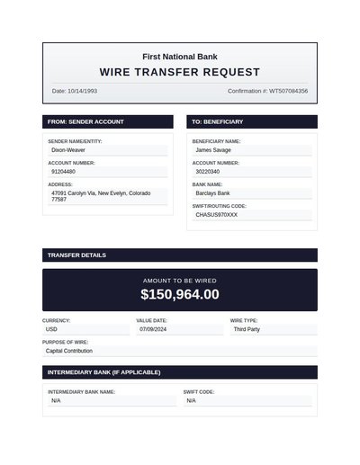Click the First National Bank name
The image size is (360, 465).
click(179, 56)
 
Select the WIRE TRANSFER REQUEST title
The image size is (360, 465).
click(179, 72)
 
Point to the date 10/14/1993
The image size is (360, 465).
click(75, 91)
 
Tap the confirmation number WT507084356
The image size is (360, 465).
click(267, 91)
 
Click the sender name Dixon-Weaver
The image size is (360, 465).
click(69, 150)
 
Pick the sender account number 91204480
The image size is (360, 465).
click(63, 171)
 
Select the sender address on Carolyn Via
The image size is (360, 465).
click(102, 195)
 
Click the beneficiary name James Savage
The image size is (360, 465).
click(213, 150)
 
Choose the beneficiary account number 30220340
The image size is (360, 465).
click(208, 171)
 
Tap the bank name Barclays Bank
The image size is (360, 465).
click(213, 193)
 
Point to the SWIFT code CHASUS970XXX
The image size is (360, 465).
click(217, 215)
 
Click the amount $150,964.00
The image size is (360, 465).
click(179, 294)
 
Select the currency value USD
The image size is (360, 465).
click(51, 329)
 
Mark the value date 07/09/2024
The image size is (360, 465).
click(155, 329)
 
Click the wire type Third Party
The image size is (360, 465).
click(247, 329)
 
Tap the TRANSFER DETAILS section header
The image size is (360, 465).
click(76, 255)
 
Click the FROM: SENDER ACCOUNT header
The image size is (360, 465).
click(85, 121)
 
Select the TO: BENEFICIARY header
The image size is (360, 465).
click(218, 121)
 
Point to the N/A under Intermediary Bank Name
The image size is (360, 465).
click(56, 400)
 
